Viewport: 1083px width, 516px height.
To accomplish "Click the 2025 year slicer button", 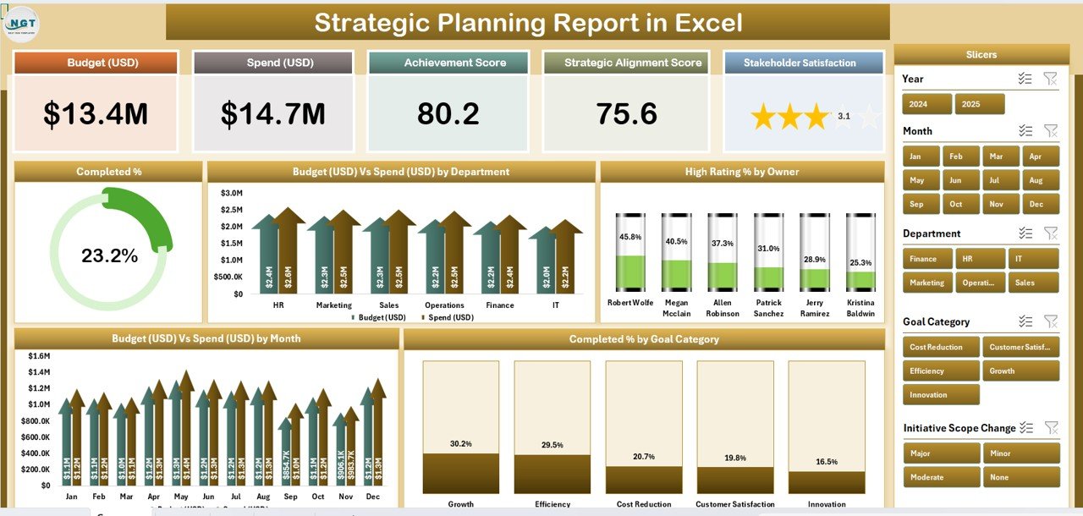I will (979, 104).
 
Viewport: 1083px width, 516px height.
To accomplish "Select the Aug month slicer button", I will (1040, 180).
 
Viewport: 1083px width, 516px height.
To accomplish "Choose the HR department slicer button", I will (979, 259).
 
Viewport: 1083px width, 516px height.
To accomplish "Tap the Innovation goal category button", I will (940, 395).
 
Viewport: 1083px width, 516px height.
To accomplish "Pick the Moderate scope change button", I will (940, 477).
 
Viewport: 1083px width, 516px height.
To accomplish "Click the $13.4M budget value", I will (96, 114).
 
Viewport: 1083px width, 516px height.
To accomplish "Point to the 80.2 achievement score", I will (448, 114).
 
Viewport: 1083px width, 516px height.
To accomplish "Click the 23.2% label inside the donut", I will (109, 255).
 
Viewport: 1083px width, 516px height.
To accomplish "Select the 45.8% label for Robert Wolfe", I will (630, 238).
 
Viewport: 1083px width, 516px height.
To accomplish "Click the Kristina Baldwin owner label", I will (860, 308).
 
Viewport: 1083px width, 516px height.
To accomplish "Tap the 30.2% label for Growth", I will (461, 444).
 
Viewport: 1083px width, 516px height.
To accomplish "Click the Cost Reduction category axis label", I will (643, 504).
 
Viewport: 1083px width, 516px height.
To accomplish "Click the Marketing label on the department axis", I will (333, 305).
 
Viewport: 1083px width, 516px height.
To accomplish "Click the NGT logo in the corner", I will (20, 24).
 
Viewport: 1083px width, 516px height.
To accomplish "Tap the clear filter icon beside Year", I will (1050, 79).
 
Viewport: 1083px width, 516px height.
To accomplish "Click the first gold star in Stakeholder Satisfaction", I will (763, 117).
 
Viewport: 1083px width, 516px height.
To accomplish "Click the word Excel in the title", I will (708, 23).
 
